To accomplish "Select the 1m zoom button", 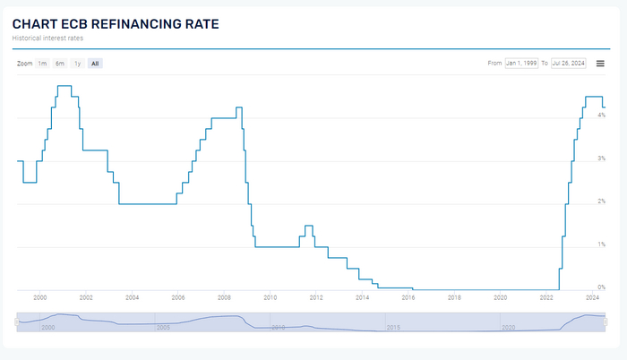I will coord(42,64).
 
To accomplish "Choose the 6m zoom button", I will coord(59,64).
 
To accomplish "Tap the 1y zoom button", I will coord(78,64).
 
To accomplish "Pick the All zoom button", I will coord(95,64).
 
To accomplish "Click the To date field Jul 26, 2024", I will coord(568,64).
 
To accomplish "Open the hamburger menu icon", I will coord(600,64).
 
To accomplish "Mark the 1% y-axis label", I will coord(602,244).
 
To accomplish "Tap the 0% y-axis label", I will coord(602,287).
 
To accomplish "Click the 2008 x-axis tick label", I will coord(224,297).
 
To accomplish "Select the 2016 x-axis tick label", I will coord(408,297).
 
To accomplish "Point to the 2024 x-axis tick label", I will coord(593,297).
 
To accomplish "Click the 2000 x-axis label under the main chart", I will coord(39,297).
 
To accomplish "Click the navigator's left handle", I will coord(17,321).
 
